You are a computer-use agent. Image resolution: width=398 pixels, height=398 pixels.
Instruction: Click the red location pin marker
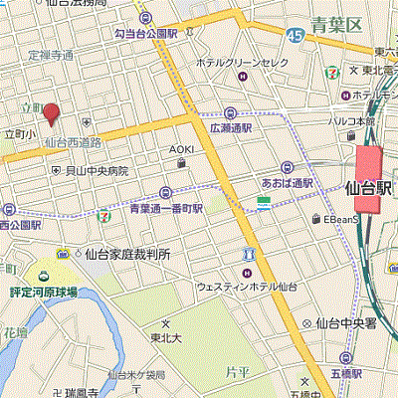click(x=51, y=114)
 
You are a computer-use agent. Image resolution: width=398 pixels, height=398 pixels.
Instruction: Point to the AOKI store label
click(x=180, y=149)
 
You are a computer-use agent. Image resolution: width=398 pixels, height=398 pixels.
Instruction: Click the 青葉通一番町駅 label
click(x=165, y=209)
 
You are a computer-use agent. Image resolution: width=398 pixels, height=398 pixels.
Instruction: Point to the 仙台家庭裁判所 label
click(x=126, y=254)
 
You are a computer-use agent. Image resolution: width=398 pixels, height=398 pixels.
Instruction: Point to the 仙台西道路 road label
click(x=75, y=142)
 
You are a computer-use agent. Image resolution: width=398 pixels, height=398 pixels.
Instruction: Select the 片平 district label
click(x=237, y=371)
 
